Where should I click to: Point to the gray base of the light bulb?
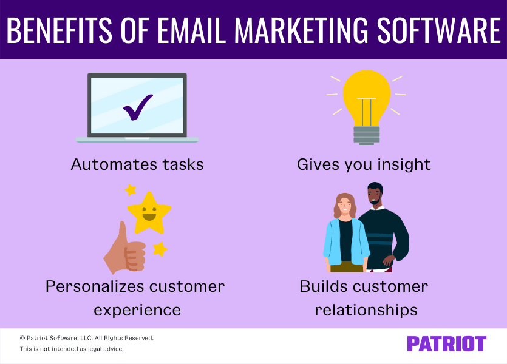click(x=366, y=135)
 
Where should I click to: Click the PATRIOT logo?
click(x=446, y=344)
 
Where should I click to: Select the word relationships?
click(x=366, y=310)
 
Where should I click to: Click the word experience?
click(x=138, y=310)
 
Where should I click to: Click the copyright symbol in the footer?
click(x=22, y=338)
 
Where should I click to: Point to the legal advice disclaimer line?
click(x=72, y=349)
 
